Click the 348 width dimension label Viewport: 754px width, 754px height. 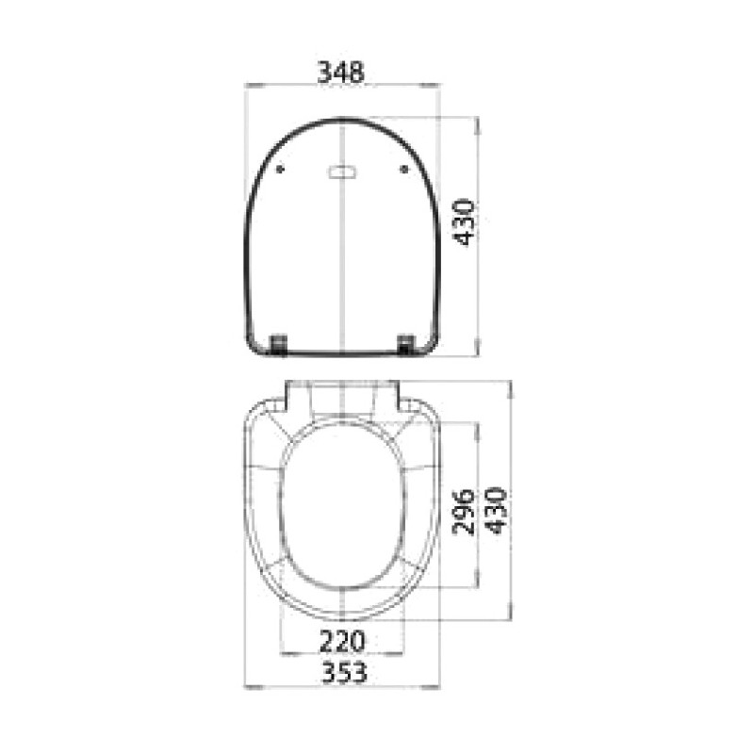(x=341, y=73)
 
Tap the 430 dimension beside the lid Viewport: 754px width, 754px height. (x=465, y=221)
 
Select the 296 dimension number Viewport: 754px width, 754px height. (x=464, y=513)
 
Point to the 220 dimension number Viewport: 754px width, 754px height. (x=342, y=642)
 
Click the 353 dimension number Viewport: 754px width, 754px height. (x=344, y=672)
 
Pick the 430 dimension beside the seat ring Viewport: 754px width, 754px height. (x=496, y=511)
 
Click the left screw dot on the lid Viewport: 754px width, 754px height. (x=280, y=170)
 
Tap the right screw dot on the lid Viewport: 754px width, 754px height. (x=404, y=170)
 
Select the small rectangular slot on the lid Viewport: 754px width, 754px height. (x=342, y=172)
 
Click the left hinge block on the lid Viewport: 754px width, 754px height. (x=279, y=344)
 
